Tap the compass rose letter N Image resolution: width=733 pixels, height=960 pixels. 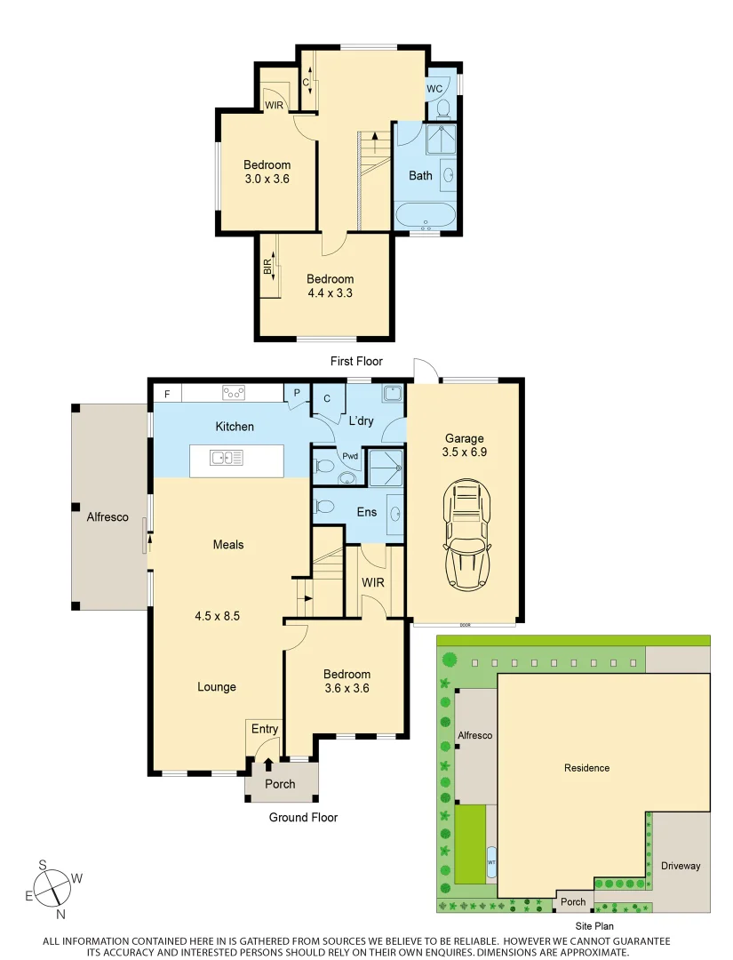tap(60, 914)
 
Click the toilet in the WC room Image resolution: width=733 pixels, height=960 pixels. tap(442, 108)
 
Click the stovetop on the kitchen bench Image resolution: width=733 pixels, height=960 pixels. tap(234, 392)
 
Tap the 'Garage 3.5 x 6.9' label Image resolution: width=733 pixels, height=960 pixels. tap(465, 444)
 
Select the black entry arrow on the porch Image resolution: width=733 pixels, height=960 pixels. tap(268, 764)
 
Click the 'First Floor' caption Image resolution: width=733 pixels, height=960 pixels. tap(355, 361)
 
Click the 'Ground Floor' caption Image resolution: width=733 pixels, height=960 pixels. tap(303, 817)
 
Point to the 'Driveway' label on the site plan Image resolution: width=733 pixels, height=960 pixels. tap(680, 866)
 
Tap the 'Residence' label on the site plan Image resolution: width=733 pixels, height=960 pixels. tap(586, 767)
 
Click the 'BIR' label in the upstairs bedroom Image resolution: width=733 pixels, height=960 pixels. tap(267, 266)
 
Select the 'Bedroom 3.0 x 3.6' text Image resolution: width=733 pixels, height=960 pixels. tap(267, 172)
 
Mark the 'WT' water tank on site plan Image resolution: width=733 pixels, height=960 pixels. tap(491, 862)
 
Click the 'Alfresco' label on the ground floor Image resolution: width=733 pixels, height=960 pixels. tap(108, 516)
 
